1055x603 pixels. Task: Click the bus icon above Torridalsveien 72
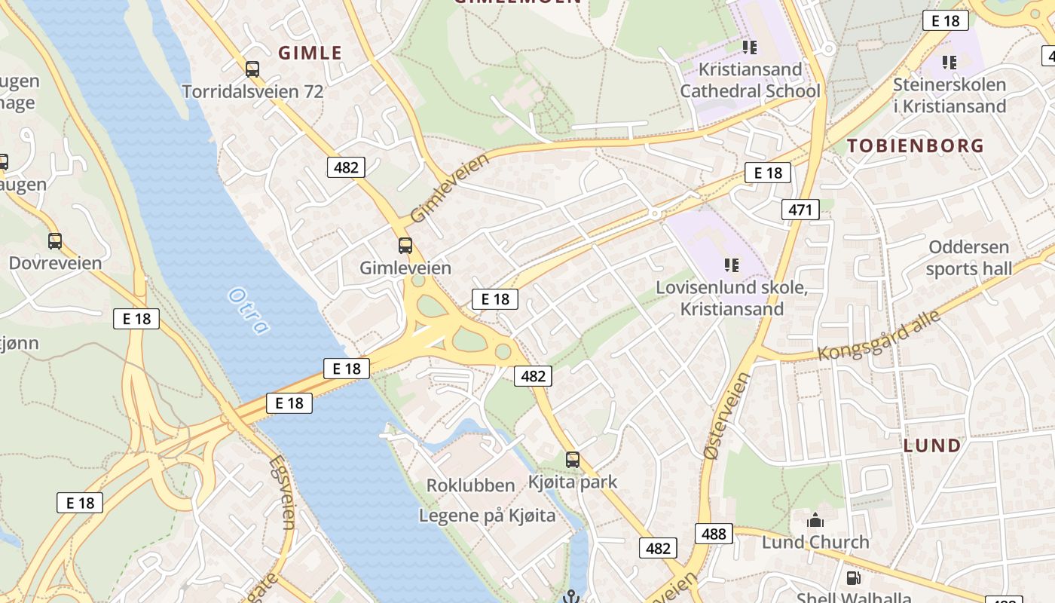coord(252,69)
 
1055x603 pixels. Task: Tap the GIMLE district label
coord(310,53)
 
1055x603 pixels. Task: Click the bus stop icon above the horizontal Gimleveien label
coord(405,245)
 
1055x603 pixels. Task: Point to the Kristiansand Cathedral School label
coord(750,80)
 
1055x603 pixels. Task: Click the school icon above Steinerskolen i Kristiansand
coord(949,62)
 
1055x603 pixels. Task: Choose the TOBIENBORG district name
coord(916,145)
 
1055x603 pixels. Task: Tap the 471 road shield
coord(800,210)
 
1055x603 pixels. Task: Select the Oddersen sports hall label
coord(969,258)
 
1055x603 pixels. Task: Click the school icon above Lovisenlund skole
coord(731,265)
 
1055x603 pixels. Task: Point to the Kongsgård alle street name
coord(880,335)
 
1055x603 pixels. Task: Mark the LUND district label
coord(932,445)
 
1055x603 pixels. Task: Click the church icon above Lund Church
coord(815,520)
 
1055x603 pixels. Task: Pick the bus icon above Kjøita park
coord(573,460)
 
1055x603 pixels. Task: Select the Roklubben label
coord(471,485)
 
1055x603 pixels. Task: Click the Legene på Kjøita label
coord(487,516)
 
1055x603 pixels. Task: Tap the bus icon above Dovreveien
coord(55,241)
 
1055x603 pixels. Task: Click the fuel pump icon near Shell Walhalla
coord(853,578)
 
